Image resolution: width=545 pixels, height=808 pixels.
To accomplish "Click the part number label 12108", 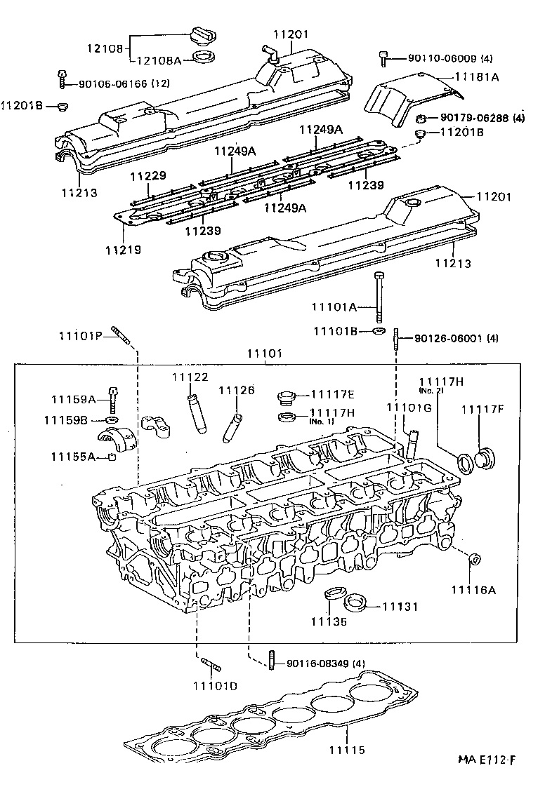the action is click(x=105, y=48).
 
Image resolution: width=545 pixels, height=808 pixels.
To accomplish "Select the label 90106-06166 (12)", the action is click(x=124, y=83).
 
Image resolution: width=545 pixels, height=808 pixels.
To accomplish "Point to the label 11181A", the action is click(x=477, y=76).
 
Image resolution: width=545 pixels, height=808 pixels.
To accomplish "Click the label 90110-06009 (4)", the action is click(x=450, y=58).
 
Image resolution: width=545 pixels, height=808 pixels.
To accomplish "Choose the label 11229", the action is click(x=148, y=176).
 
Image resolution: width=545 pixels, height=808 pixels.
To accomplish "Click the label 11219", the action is click(x=124, y=250).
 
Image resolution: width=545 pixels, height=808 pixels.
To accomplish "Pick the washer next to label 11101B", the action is click(x=379, y=330).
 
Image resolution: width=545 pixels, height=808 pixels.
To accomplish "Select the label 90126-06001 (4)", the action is click(x=457, y=339).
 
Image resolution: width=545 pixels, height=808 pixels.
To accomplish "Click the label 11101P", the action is click(x=80, y=336).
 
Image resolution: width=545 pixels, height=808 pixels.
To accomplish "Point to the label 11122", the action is click(x=190, y=377).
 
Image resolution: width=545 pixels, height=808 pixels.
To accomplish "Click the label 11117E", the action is click(x=332, y=394).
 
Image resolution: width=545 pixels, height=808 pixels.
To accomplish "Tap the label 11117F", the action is click(x=482, y=409).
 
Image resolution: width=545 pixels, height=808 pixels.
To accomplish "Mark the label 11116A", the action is click(x=474, y=590).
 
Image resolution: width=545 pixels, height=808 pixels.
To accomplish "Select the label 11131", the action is click(x=400, y=607).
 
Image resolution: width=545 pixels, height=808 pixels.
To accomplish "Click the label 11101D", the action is click(x=215, y=686).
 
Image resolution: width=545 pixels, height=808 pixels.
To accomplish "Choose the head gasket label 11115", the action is click(x=348, y=750).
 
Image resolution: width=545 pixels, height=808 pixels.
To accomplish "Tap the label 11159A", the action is click(x=74, y=399).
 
